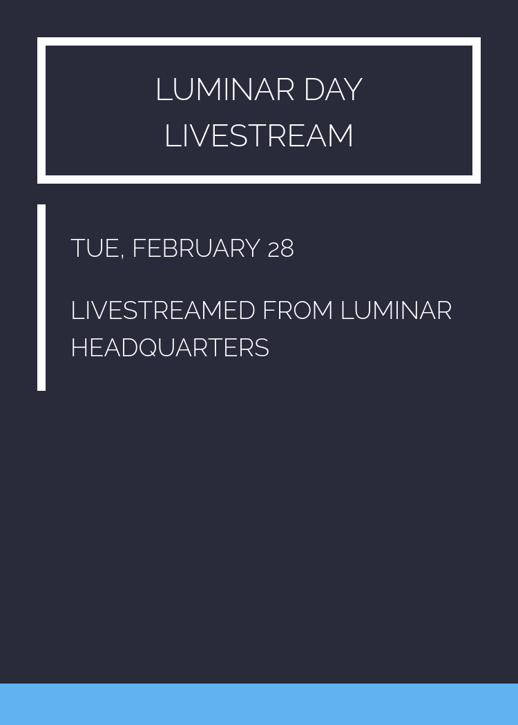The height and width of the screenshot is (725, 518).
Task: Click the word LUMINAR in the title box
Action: [x=225, y=90]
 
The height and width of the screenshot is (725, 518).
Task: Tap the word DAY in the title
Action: [x=333, y=90]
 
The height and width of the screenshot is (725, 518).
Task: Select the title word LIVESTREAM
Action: [x=259, y=135]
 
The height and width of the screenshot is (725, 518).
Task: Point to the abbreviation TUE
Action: [x=95, y=249]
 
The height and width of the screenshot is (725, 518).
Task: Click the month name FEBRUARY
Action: [x=195, y=249]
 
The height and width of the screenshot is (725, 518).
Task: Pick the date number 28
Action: [x=280, y=249]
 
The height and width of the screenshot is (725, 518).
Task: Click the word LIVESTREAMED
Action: [x=163, y=311]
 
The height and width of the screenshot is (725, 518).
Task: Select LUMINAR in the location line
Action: [x=396, y=311]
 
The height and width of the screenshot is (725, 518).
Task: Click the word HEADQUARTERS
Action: [x=170, y=348]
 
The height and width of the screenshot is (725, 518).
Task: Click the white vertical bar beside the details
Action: [x=41, y=298]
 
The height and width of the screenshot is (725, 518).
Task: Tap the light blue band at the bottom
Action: [x=259, y=704]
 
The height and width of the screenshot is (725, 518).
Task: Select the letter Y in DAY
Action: [x=352, y=90]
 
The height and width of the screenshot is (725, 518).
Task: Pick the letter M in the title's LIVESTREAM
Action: [x=339, y=135]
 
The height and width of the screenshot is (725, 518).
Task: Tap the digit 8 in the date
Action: [x=287, y=249]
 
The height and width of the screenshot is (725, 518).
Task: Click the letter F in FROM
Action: [x=270, y=311]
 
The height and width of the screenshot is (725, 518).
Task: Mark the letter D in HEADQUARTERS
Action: [x=128, y=348]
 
